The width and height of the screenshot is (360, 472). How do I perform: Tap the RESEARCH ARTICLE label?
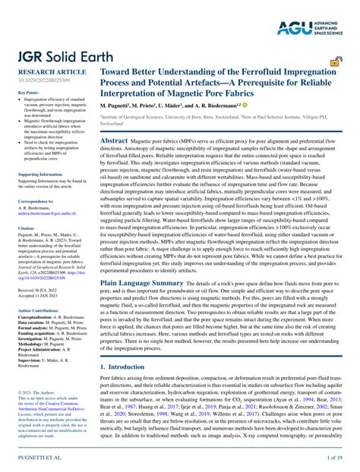click(x=46, y=73)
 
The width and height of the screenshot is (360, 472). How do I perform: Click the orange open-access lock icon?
click(x=335, y=64)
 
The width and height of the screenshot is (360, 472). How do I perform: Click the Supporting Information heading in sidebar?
click(x=39, y=175)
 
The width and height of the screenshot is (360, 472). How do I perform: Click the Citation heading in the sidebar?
click(x=26, y=228)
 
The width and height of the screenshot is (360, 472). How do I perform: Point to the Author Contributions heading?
click(x=40, y=289)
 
